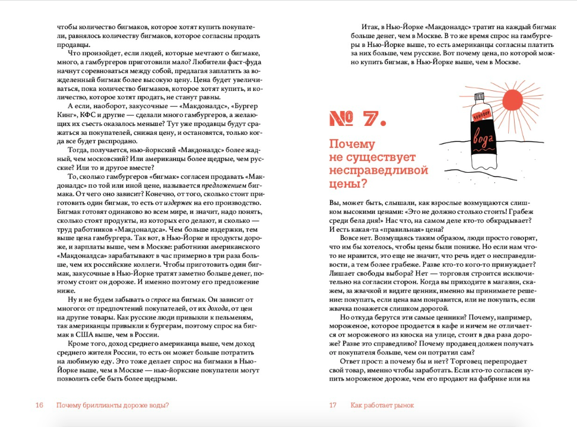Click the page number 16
pos(39,405)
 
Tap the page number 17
pos(333,405)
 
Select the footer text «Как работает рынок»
pos(382,405)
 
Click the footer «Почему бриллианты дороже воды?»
pos(113,405)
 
